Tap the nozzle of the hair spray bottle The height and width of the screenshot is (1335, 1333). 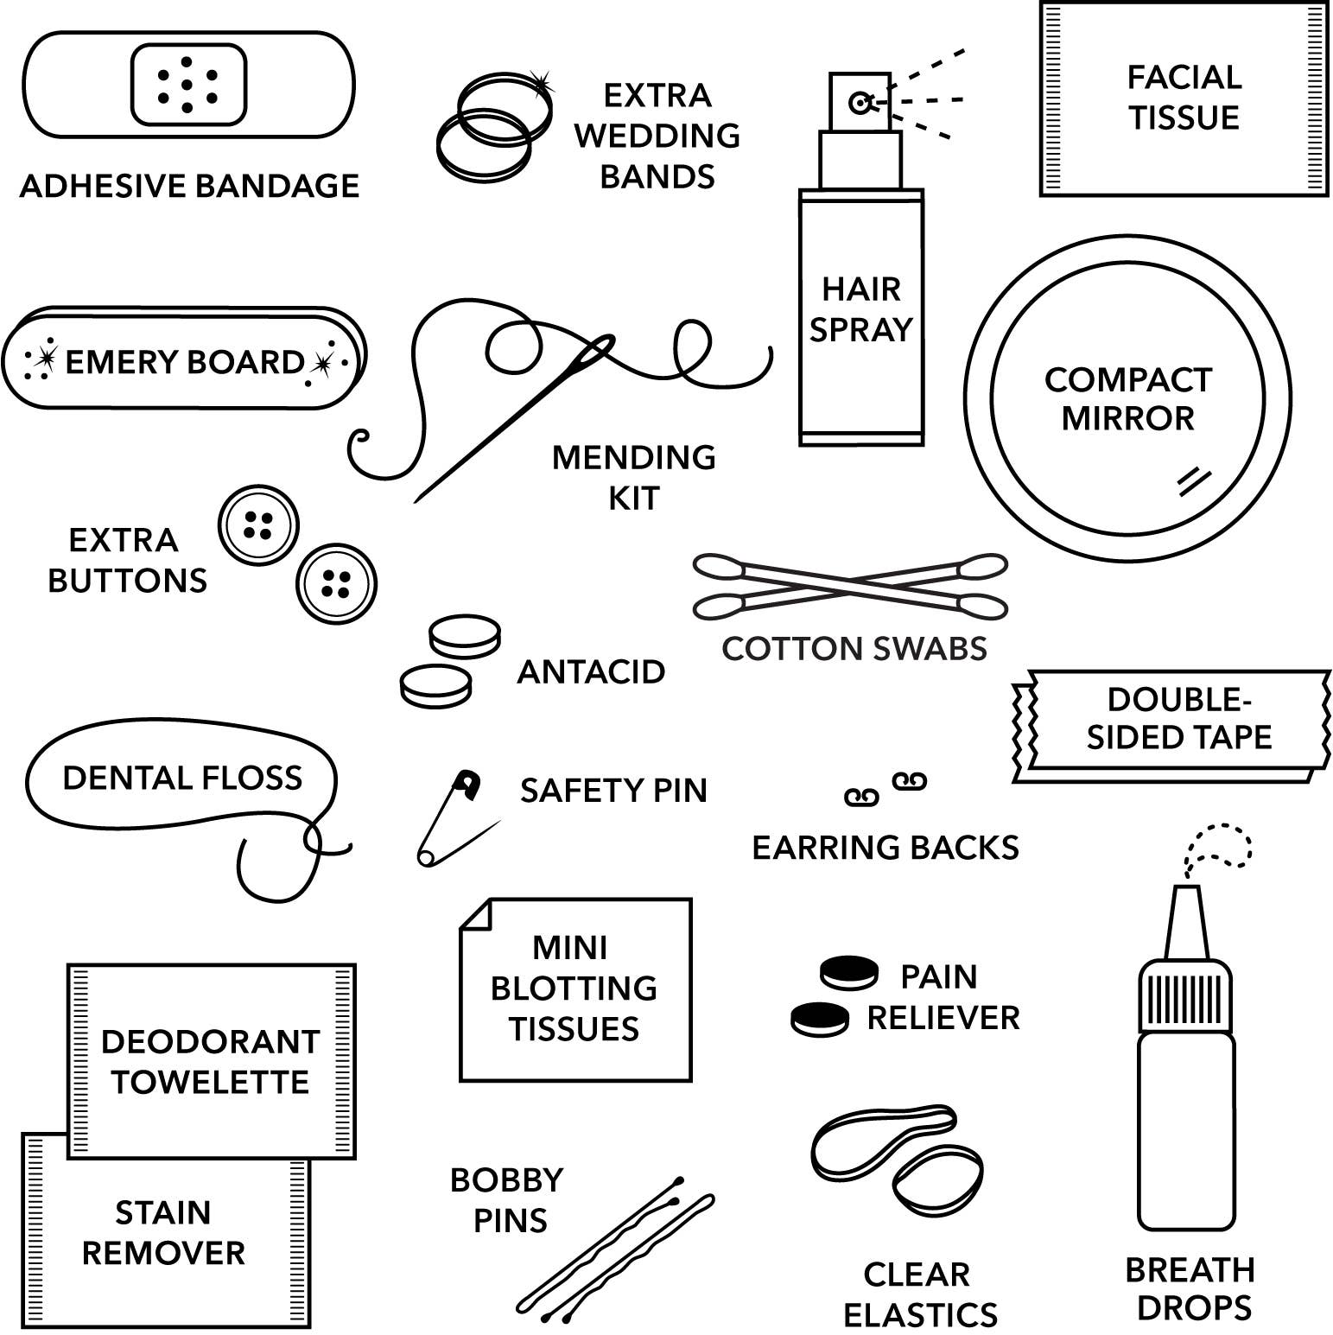pos(860,103)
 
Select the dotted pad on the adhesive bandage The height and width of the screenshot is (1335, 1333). pos(188,85)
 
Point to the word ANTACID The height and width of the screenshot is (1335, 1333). pos(591,672)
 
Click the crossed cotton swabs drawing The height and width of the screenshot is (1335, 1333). pos(850,586)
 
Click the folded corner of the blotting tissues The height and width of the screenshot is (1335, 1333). pos(476,915)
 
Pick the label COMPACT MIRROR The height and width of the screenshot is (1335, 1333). pos(1127,398)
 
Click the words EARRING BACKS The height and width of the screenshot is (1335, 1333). pos(885,848)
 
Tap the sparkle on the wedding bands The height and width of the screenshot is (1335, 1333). pos(542,83)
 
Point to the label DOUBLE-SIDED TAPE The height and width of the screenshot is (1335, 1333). pos(1179,718)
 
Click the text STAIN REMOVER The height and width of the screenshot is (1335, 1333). pos(163,1233)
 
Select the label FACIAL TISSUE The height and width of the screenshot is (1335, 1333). pos(1184,97)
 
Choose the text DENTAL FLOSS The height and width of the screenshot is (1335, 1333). pos(182,779)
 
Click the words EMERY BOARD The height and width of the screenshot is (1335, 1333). pos(184,362)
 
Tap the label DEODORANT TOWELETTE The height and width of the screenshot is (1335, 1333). pos(210,1062)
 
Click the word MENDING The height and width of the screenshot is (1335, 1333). pos(633,458)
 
